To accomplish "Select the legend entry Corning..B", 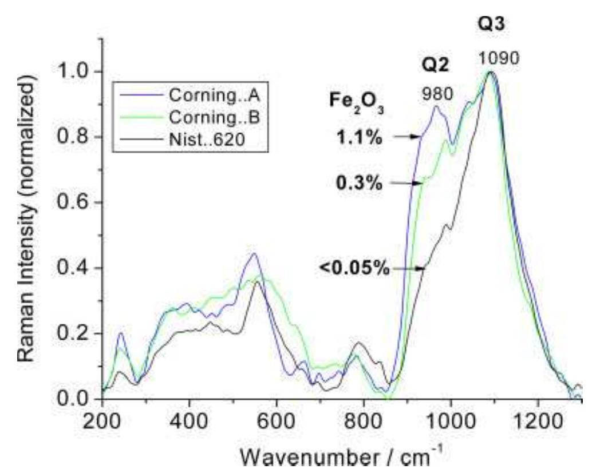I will [189, 116].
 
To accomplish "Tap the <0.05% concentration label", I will [355, 268].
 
